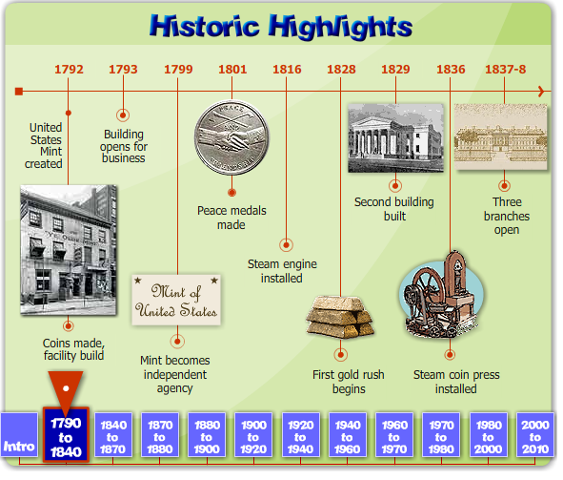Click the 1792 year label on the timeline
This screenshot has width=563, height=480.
(69, 69)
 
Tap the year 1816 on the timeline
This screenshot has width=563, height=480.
(287, 69)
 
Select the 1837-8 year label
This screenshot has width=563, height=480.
(505, 69)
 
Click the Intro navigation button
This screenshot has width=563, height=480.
(19, 435)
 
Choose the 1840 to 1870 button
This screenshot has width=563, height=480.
(113, 435)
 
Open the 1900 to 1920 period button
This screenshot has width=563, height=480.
(253, 435)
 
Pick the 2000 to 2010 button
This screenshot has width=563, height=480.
(535, 435)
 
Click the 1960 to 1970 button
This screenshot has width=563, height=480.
(394, 435)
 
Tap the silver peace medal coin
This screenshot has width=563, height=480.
(231, 137)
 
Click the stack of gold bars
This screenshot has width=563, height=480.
(340, 317)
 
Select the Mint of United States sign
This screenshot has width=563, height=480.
(176, 300)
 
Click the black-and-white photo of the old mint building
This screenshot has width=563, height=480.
(69, 250)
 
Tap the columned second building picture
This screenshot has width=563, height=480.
(395, 138)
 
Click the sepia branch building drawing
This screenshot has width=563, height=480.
(501, 136)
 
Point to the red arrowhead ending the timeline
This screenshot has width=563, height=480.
(541, 92)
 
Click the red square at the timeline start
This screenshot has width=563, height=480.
(19, 92)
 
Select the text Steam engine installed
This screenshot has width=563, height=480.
(282, 271)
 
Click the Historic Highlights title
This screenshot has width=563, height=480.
(281, 27)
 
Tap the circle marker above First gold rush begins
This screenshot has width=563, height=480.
(341, 355)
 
